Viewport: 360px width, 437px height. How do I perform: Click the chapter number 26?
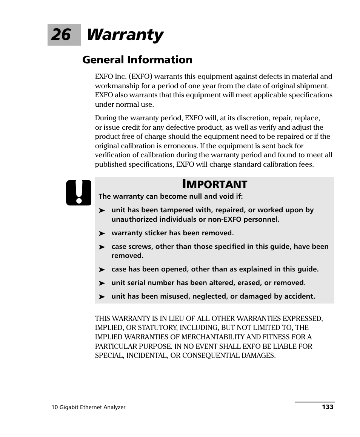[61, 35]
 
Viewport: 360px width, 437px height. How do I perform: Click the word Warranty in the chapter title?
[125, 35]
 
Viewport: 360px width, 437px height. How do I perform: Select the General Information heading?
[137, 60]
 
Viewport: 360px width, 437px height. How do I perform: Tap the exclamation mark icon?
[78, 193]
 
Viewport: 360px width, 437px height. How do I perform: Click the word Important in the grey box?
[215, 184]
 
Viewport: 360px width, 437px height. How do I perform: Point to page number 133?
[328, 407]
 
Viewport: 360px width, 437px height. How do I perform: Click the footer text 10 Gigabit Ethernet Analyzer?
[88, 407]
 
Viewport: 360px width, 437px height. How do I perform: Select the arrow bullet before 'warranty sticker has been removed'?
[102, 234]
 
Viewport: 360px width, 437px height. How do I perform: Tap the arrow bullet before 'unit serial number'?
[102, 284]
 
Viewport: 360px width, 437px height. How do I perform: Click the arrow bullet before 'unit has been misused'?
[102, 297]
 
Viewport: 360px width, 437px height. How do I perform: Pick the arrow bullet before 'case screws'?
[102, 247]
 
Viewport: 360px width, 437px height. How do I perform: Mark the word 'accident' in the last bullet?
[300, 296]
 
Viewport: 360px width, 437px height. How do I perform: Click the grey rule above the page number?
[315, 402]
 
